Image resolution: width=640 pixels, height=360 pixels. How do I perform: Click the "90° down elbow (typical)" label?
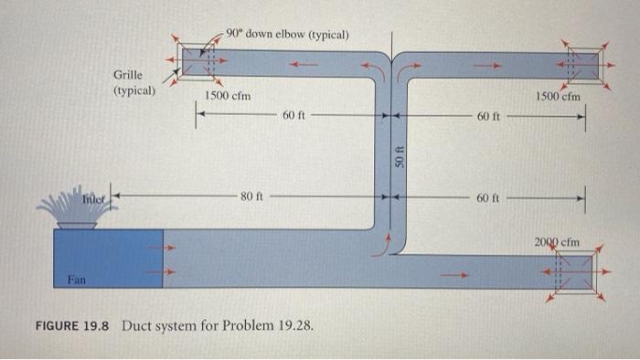point(286,35)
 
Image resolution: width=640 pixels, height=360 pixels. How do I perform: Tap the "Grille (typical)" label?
point(133,83)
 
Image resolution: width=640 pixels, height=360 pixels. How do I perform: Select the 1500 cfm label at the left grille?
point(228,96)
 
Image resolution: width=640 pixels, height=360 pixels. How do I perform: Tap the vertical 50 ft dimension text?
point(399,155)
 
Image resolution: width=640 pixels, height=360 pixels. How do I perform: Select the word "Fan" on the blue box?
point(77,281)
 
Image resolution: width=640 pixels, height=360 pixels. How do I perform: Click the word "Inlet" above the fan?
point(95,197)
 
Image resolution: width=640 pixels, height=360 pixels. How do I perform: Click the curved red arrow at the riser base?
point(389,243)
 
